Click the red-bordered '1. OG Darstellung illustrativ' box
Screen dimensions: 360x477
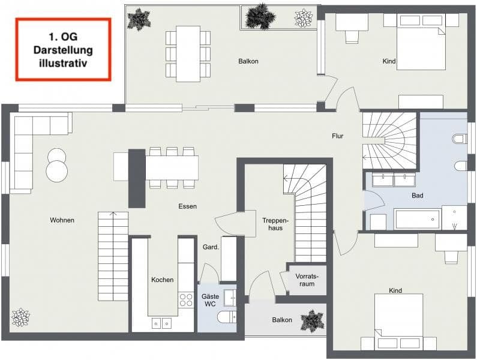click(64, 49)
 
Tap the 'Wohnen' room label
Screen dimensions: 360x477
click(62, 220)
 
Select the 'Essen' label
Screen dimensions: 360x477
click(187, 206)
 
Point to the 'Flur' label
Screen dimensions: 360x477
click(338, 136)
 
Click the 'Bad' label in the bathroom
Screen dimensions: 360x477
click(418, 196)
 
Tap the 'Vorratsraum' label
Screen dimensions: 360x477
click(307, 280)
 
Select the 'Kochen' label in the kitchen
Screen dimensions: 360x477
click(162, 280)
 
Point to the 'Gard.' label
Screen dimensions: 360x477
click(210, 247)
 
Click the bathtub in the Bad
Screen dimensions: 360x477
click(417, 219)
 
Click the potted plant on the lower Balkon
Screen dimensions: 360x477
click(312, 320)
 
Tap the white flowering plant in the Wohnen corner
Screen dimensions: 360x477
click(20, 317)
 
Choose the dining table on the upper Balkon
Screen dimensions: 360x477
click(188, 53)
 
